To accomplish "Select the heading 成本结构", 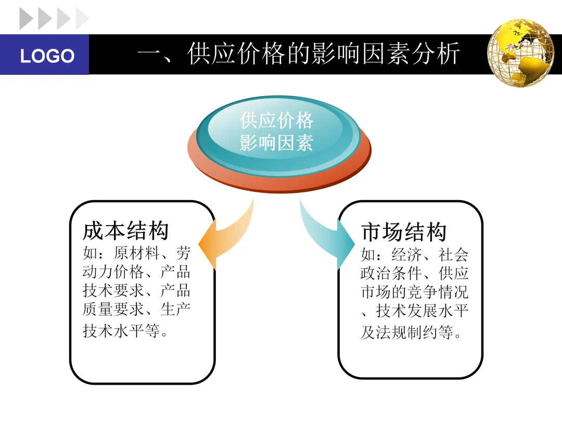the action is [126, 232].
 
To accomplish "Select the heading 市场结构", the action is [404, 232].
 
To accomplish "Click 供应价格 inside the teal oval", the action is [276, 121].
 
